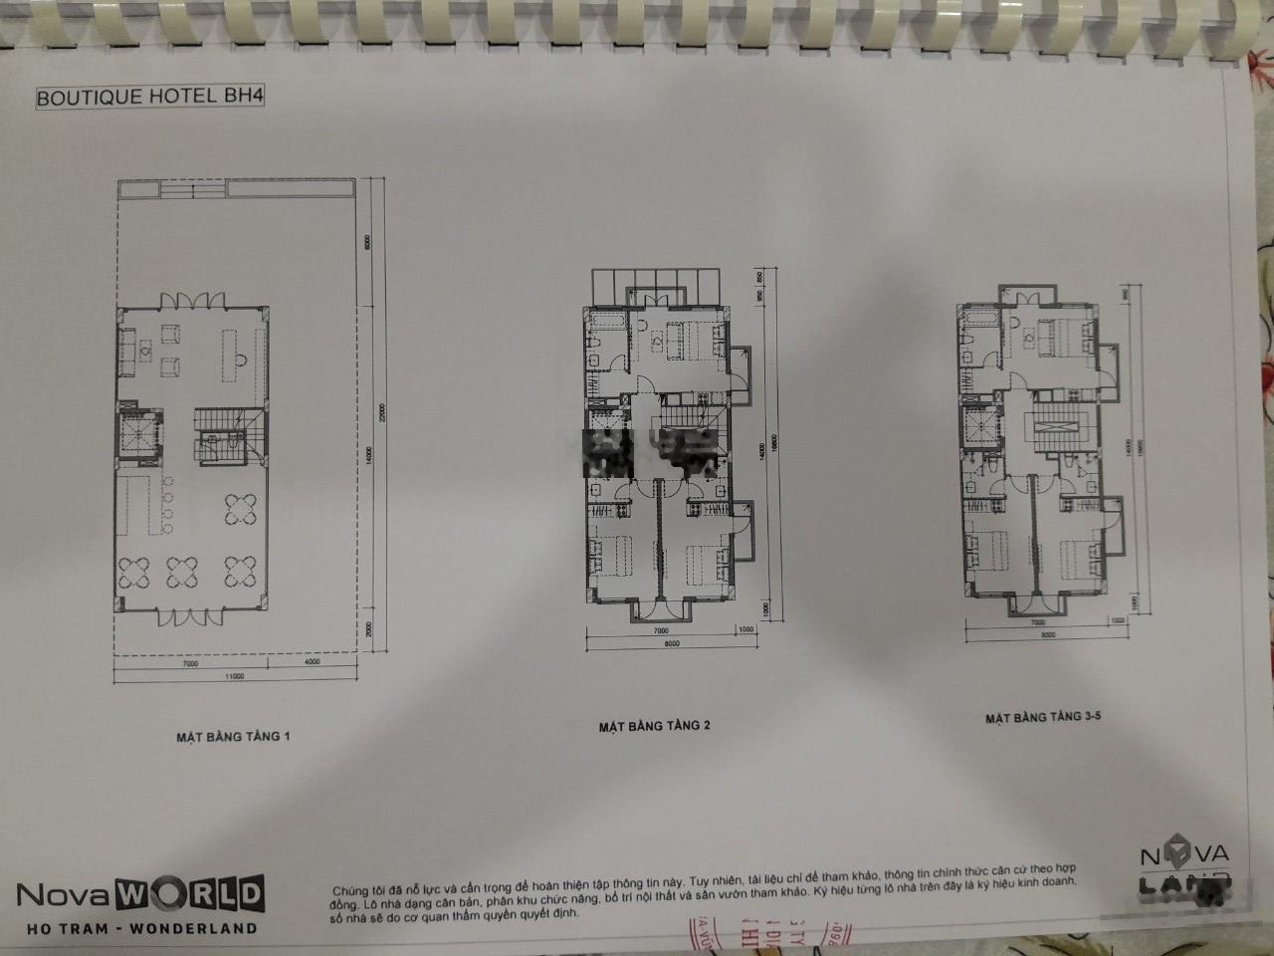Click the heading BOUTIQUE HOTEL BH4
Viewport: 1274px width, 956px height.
[x=149, y=99]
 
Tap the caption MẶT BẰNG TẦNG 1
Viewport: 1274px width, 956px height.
[x=233, y=737]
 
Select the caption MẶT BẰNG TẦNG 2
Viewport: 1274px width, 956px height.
[x=654, y=725]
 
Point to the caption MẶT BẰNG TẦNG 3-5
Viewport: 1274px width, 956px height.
[x=1038, y=717]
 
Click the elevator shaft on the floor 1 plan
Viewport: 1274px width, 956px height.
[x=135, y=435]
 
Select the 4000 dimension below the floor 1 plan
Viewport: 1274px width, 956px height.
[x=311, y=662]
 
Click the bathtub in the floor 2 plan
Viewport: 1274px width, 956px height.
[x=604, y=322]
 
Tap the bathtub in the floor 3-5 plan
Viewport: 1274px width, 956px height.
[x=978, y=317]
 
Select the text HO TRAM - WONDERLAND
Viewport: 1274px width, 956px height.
[x=138, y=928]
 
